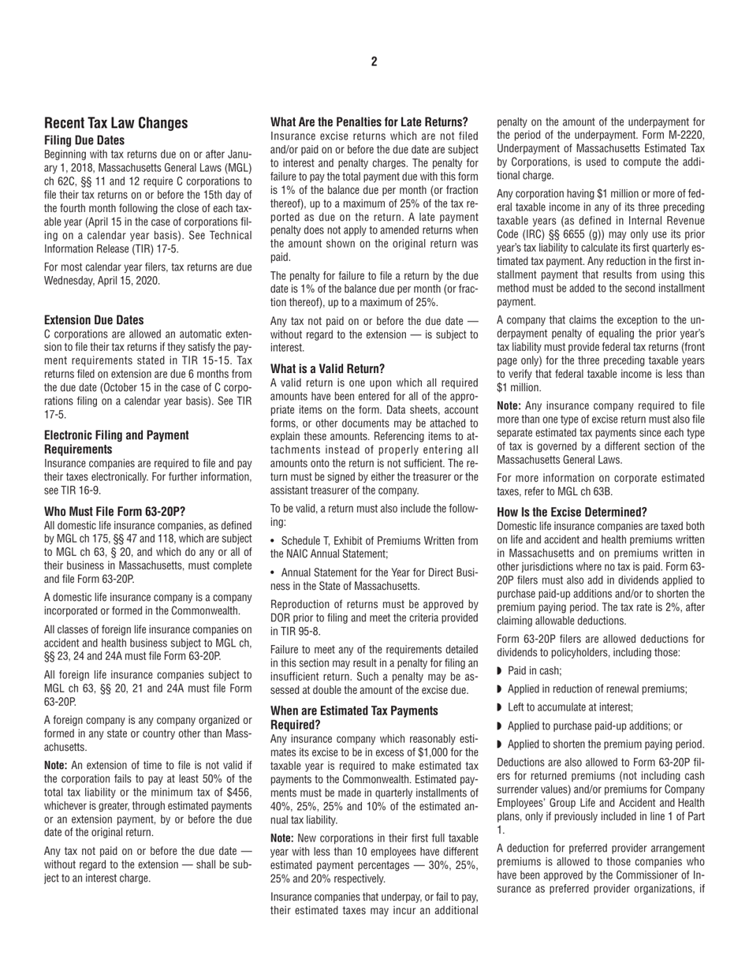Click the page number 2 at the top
(x=374, y=62)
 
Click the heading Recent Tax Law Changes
(x=116, y=123)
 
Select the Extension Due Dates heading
(x=94, y=320)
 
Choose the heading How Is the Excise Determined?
(x=572, y=512)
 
